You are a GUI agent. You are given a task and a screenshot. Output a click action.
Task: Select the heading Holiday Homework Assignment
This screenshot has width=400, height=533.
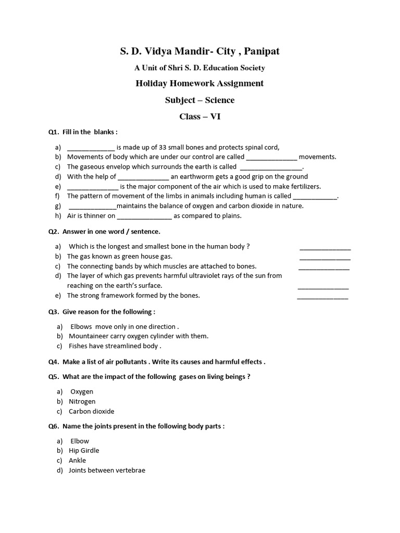point(199,83)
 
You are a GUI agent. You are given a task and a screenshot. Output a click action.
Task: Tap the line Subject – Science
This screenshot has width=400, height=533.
point(199,100)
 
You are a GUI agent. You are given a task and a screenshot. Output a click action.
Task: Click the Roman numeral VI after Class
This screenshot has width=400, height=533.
point(215,117)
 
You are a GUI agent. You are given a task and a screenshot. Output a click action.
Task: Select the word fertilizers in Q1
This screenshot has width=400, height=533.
point(303,186)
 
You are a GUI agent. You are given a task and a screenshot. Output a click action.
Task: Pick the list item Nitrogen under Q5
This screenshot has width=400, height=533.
point(82,401)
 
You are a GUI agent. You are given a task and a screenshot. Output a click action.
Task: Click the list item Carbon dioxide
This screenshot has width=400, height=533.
point(91,411)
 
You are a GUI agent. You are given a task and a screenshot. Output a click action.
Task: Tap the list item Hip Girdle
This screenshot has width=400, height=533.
point(84,451)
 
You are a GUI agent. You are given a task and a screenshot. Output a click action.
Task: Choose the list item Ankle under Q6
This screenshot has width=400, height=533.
point(77,461)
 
